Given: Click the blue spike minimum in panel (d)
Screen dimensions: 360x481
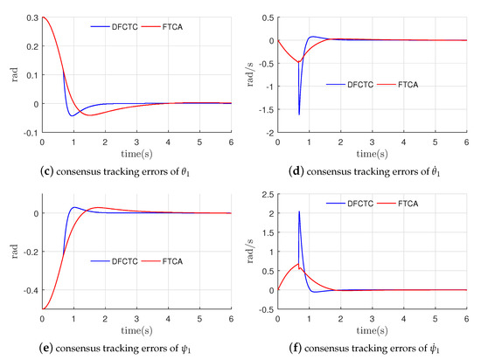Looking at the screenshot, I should (x=299, y=114).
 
